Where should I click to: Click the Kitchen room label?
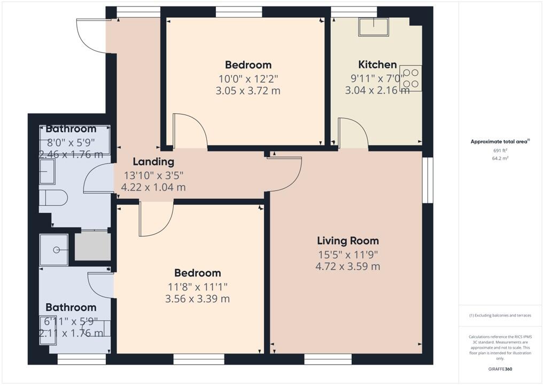coord(377,65)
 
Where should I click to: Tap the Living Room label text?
coord(348,241)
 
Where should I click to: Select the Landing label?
coord(153,161)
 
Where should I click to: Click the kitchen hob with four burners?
coord(410,78)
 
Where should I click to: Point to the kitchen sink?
coord(374,27)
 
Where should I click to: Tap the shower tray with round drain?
coord(54,249)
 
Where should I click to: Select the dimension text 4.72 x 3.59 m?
coord(348,266)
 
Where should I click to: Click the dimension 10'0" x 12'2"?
coord(248,79)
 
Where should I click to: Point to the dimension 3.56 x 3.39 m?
coord(197,299)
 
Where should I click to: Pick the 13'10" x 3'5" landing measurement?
coord(154,175)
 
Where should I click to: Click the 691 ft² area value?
coord(500,150)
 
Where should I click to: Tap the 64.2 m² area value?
coord(500,158)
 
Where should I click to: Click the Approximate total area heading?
coord(499,142)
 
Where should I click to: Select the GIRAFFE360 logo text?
coord(500,369)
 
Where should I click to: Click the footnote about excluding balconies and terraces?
coord(500,315)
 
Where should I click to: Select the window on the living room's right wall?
coord(428,180)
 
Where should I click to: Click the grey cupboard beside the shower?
coord(92,247)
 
